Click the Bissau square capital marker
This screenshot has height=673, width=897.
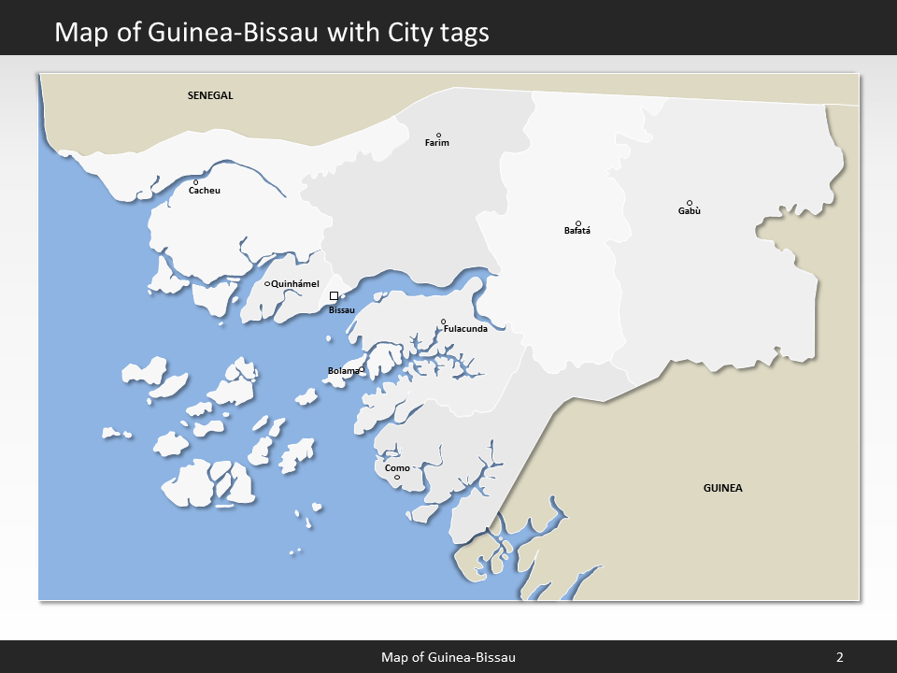click(334, 296)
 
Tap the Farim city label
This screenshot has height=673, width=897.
click(437, 143)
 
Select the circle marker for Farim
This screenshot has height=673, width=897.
click(438, 135)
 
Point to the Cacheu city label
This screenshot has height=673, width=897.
click(205, 191)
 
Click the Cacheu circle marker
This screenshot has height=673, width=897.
click(195, 182)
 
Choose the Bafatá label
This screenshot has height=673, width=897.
click(577, 231)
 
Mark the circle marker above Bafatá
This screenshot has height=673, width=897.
click(578, 223)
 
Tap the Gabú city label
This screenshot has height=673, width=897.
click(690, 211)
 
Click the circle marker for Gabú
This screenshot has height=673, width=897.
click(690, 203)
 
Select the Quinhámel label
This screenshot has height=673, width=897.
click(295, 284)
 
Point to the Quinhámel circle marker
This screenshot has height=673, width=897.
click(267, 284)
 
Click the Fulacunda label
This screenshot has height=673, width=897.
click(465, 329)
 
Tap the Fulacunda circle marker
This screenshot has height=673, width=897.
click(444, 322)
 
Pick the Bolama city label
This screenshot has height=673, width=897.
click(343, 371)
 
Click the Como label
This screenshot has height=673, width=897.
click(397, 468)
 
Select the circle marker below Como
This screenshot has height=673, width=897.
click(397, 478)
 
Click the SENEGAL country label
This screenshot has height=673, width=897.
click(210, 95)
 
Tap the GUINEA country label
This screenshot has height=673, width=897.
click(723, 488)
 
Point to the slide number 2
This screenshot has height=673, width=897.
click(839, 657)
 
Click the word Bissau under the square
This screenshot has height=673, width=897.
click(342, 310)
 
